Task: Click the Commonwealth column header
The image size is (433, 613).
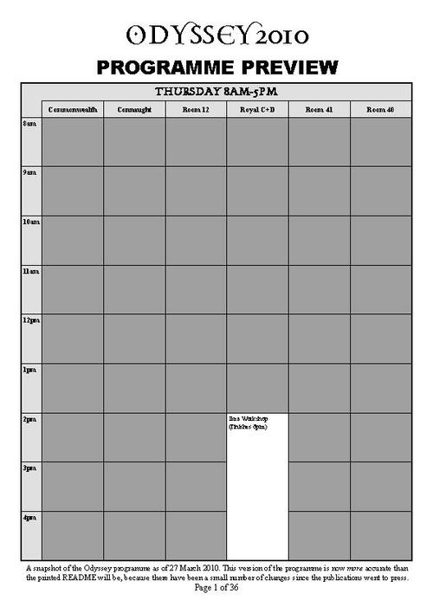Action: click(73, 110)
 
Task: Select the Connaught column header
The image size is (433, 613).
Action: click(134, 110)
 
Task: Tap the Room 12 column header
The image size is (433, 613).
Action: click(196, 110)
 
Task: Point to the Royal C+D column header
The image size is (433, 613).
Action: click(257, 110)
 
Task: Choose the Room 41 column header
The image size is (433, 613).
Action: click(319, 110)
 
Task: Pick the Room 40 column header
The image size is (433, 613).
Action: click(380, 110)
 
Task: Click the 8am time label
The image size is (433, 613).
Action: click(29, 125)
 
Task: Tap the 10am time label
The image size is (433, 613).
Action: click(30, 223)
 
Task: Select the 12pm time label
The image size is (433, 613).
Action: click(30, 320)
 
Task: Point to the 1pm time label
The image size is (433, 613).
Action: click(29, 370)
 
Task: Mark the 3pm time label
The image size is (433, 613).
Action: click(29, 468)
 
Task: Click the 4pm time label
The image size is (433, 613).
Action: click(29, 517)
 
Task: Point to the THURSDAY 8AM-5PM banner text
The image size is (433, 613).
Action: click(216, 92)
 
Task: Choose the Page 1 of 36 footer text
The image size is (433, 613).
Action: click(216, 588)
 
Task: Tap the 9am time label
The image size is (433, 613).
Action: click(29, 173)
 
